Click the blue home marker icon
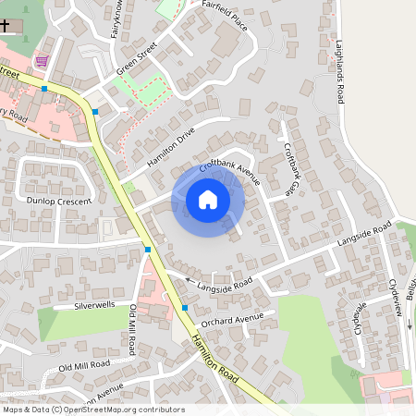coord(208,199)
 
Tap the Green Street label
coord(137,58)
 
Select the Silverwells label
coord(96,303)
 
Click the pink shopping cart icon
coord(40,62)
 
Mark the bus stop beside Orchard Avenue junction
coord(185,307)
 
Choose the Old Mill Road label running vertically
coord(133,330)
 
